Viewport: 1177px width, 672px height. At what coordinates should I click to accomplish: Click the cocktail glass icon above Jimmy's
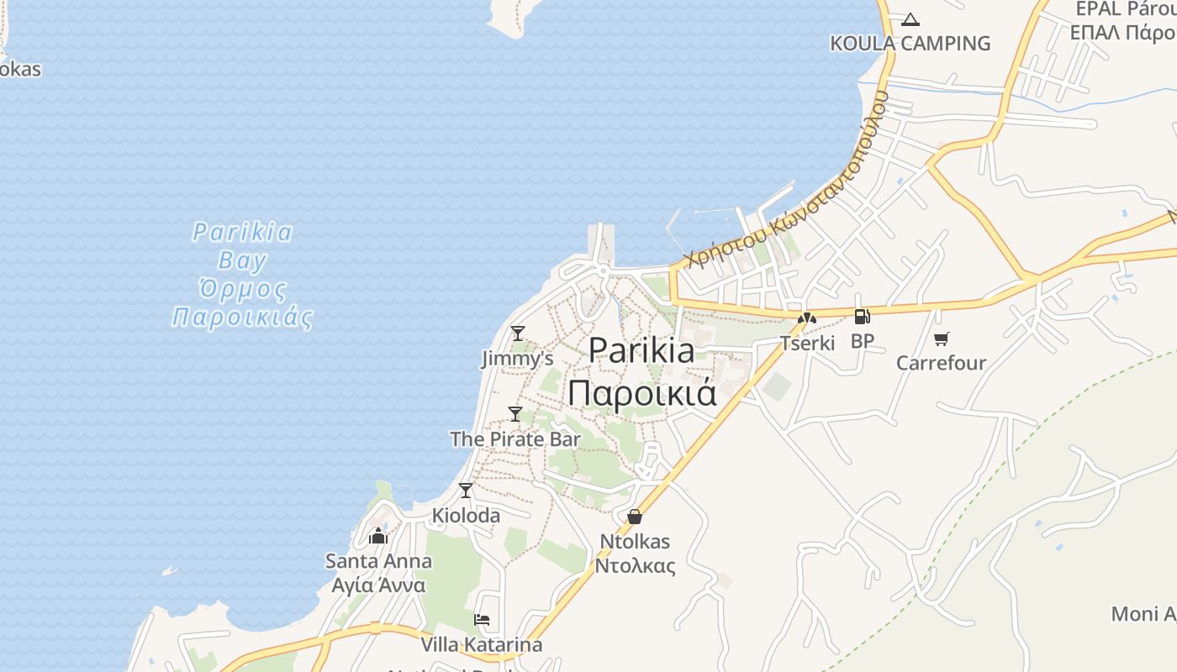click(x=518, y=333)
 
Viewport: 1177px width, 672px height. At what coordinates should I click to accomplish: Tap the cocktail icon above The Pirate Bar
click(x=515, y=414)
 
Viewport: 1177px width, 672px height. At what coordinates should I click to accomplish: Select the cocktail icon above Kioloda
click(x=466, y=490)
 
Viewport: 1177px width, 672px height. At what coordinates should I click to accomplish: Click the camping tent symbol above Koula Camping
click(x=910, y=19)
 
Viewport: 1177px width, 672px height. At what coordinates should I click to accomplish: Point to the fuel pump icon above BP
click(x=862, y=317)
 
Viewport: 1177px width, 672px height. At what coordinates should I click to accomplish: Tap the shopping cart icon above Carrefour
click(x=941, y=339)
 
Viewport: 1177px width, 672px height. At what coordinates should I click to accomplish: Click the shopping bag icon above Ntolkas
click(x=635, y=517)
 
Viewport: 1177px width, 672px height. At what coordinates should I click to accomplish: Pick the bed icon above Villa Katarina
click(x=482, y=621)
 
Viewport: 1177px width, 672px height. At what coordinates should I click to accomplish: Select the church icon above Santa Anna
click(x=378, y=536)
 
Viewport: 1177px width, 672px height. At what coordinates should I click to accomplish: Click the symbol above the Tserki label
click(x=807, y=318)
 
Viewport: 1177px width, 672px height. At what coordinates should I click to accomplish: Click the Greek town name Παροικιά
click(x=642, y=392)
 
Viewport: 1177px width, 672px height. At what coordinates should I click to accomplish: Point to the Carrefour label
click(x=941, y=363)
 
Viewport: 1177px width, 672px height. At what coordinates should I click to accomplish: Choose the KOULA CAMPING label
click(x=910, y=43)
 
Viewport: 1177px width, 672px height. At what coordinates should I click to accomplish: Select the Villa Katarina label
click(x=482, y=645)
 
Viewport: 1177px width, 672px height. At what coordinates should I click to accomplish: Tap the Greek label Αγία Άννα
click(x=379, y=585)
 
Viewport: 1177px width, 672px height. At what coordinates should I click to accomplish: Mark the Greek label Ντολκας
click(x=635, y=565)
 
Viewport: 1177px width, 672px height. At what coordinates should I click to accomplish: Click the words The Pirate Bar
click(x=515, y=438)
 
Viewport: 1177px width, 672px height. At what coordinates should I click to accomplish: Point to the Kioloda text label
click(x=466, y=515)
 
